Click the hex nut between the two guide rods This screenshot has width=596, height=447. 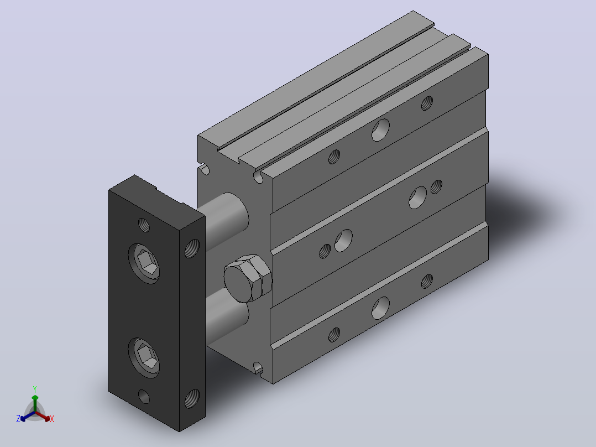247,278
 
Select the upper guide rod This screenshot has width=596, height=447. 225,221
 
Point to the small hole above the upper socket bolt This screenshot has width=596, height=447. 144,225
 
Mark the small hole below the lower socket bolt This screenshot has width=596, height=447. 144,397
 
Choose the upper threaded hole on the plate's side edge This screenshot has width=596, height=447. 192,248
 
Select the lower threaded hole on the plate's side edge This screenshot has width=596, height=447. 192,399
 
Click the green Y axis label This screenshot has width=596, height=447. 35,389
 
